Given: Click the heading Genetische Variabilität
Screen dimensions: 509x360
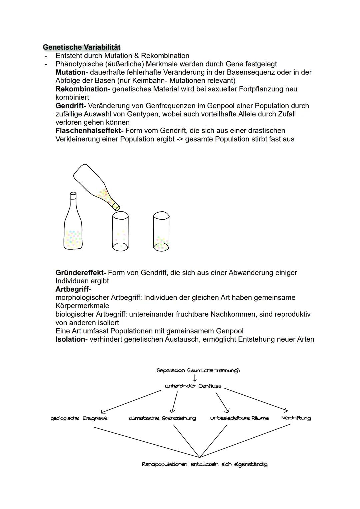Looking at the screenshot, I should (82, 47).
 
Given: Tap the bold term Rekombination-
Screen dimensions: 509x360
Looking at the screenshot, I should (83, 89).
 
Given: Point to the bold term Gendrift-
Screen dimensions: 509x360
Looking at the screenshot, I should (71, 106).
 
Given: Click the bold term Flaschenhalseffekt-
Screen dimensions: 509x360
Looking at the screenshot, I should (89, 131).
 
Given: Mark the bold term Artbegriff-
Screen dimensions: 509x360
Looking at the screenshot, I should (73, 289).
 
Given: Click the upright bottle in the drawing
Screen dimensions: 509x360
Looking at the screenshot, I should (73, 227).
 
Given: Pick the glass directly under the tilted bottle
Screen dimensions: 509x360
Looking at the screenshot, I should (120, 232).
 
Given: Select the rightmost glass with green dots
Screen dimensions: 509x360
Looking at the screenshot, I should (161, 232).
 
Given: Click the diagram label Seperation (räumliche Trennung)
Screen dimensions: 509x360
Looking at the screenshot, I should (198, 370).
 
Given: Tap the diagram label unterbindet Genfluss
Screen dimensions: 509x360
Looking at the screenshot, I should (193, 386).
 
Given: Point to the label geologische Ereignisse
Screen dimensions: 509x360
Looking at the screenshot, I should (79, 418).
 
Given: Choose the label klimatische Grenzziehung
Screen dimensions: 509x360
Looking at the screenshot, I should (162, 418).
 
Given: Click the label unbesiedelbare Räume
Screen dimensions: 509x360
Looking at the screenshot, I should (239, 418).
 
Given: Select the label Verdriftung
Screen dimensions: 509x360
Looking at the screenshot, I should (296, 418).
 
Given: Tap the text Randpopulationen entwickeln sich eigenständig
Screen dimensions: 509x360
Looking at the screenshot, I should (204, 464).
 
